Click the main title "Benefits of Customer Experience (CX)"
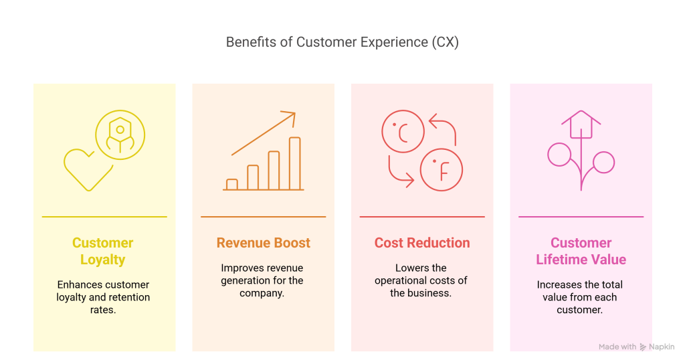point(342,42)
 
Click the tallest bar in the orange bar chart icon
point(295,163)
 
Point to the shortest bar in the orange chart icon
point(232,185)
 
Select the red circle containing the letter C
point(403,132)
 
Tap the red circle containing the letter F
point(442,170)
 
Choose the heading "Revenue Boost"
point(264,243)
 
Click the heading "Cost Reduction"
point(422,243)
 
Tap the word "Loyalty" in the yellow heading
point(102,260)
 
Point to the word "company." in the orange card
point(262,293)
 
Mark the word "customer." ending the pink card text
point(580,310)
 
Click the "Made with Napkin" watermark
point(637,347)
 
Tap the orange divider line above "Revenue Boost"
point(264,217)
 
